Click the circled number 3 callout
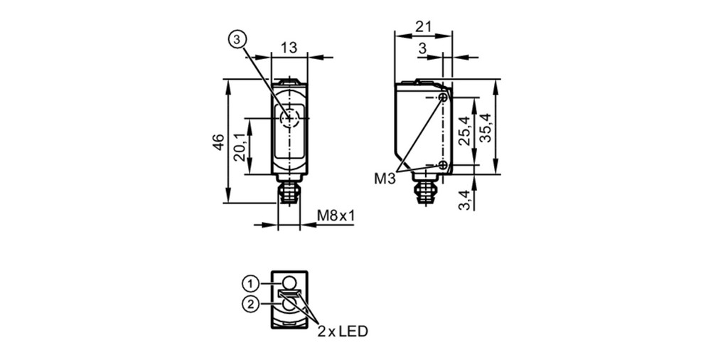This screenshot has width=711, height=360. [236, 41]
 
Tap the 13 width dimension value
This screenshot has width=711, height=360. [289, 47]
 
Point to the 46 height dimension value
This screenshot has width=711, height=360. [218, 142]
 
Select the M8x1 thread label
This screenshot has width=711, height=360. [336, 216]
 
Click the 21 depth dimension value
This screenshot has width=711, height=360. [423, 26]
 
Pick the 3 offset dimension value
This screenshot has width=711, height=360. [422, 48]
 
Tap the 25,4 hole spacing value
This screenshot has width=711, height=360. [464, 130]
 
